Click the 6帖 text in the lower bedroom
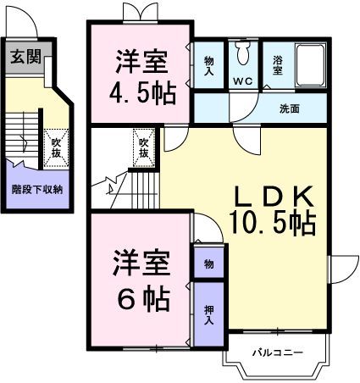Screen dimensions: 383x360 click(x=141, y=298)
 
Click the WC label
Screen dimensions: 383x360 click(x=243, y=82)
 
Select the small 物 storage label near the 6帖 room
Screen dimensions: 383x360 click(x=209, y=264)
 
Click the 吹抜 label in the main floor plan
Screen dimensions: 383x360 click(x=144, y=147)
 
